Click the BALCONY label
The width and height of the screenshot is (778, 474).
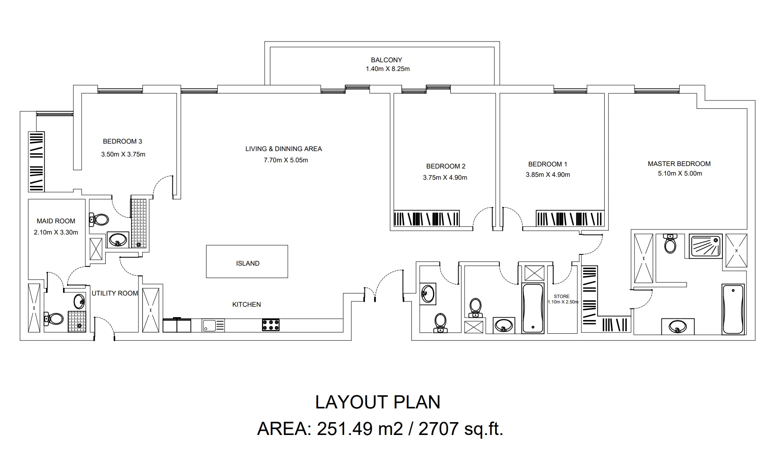coord(386,60)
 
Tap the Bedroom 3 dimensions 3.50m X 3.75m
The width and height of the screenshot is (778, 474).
coord(123,154)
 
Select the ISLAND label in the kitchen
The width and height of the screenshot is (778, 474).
coord(248,263)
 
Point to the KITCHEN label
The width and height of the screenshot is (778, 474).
coord(246,304)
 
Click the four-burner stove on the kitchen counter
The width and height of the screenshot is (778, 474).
coord(271,325)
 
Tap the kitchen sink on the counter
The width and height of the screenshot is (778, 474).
coord(213,325)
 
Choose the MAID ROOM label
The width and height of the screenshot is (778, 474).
coord(56,221)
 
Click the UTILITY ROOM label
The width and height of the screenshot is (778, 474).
coord(115,293)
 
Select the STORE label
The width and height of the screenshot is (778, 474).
coord(562,296)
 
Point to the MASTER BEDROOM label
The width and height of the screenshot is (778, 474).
coord(679,164)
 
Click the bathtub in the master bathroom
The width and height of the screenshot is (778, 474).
coord(733,309)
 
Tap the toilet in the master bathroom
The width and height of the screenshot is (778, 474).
coord(670,243)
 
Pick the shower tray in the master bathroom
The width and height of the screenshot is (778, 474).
coord(705,246)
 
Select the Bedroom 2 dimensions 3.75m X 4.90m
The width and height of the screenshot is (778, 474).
coord(445,178)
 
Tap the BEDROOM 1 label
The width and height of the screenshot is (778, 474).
coord(547,164)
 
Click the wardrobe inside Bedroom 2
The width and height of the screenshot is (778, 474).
coord(426,218)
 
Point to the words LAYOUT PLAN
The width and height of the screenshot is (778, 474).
coord(377,402)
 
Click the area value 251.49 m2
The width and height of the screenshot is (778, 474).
coord(360,428)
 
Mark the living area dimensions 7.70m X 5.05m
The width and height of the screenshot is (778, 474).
coord(286,160)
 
